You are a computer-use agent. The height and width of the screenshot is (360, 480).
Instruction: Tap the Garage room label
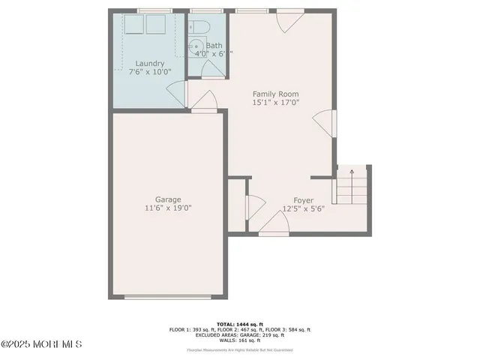coord(168,199)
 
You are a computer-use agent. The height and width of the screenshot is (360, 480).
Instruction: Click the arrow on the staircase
coord(352,174)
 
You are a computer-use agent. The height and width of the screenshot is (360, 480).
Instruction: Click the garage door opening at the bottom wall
coord(167,297)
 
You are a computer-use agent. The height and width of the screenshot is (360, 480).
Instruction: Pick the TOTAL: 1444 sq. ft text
coord(239,322)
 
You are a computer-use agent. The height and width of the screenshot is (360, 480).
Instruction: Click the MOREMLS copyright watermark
coord(41,344)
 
